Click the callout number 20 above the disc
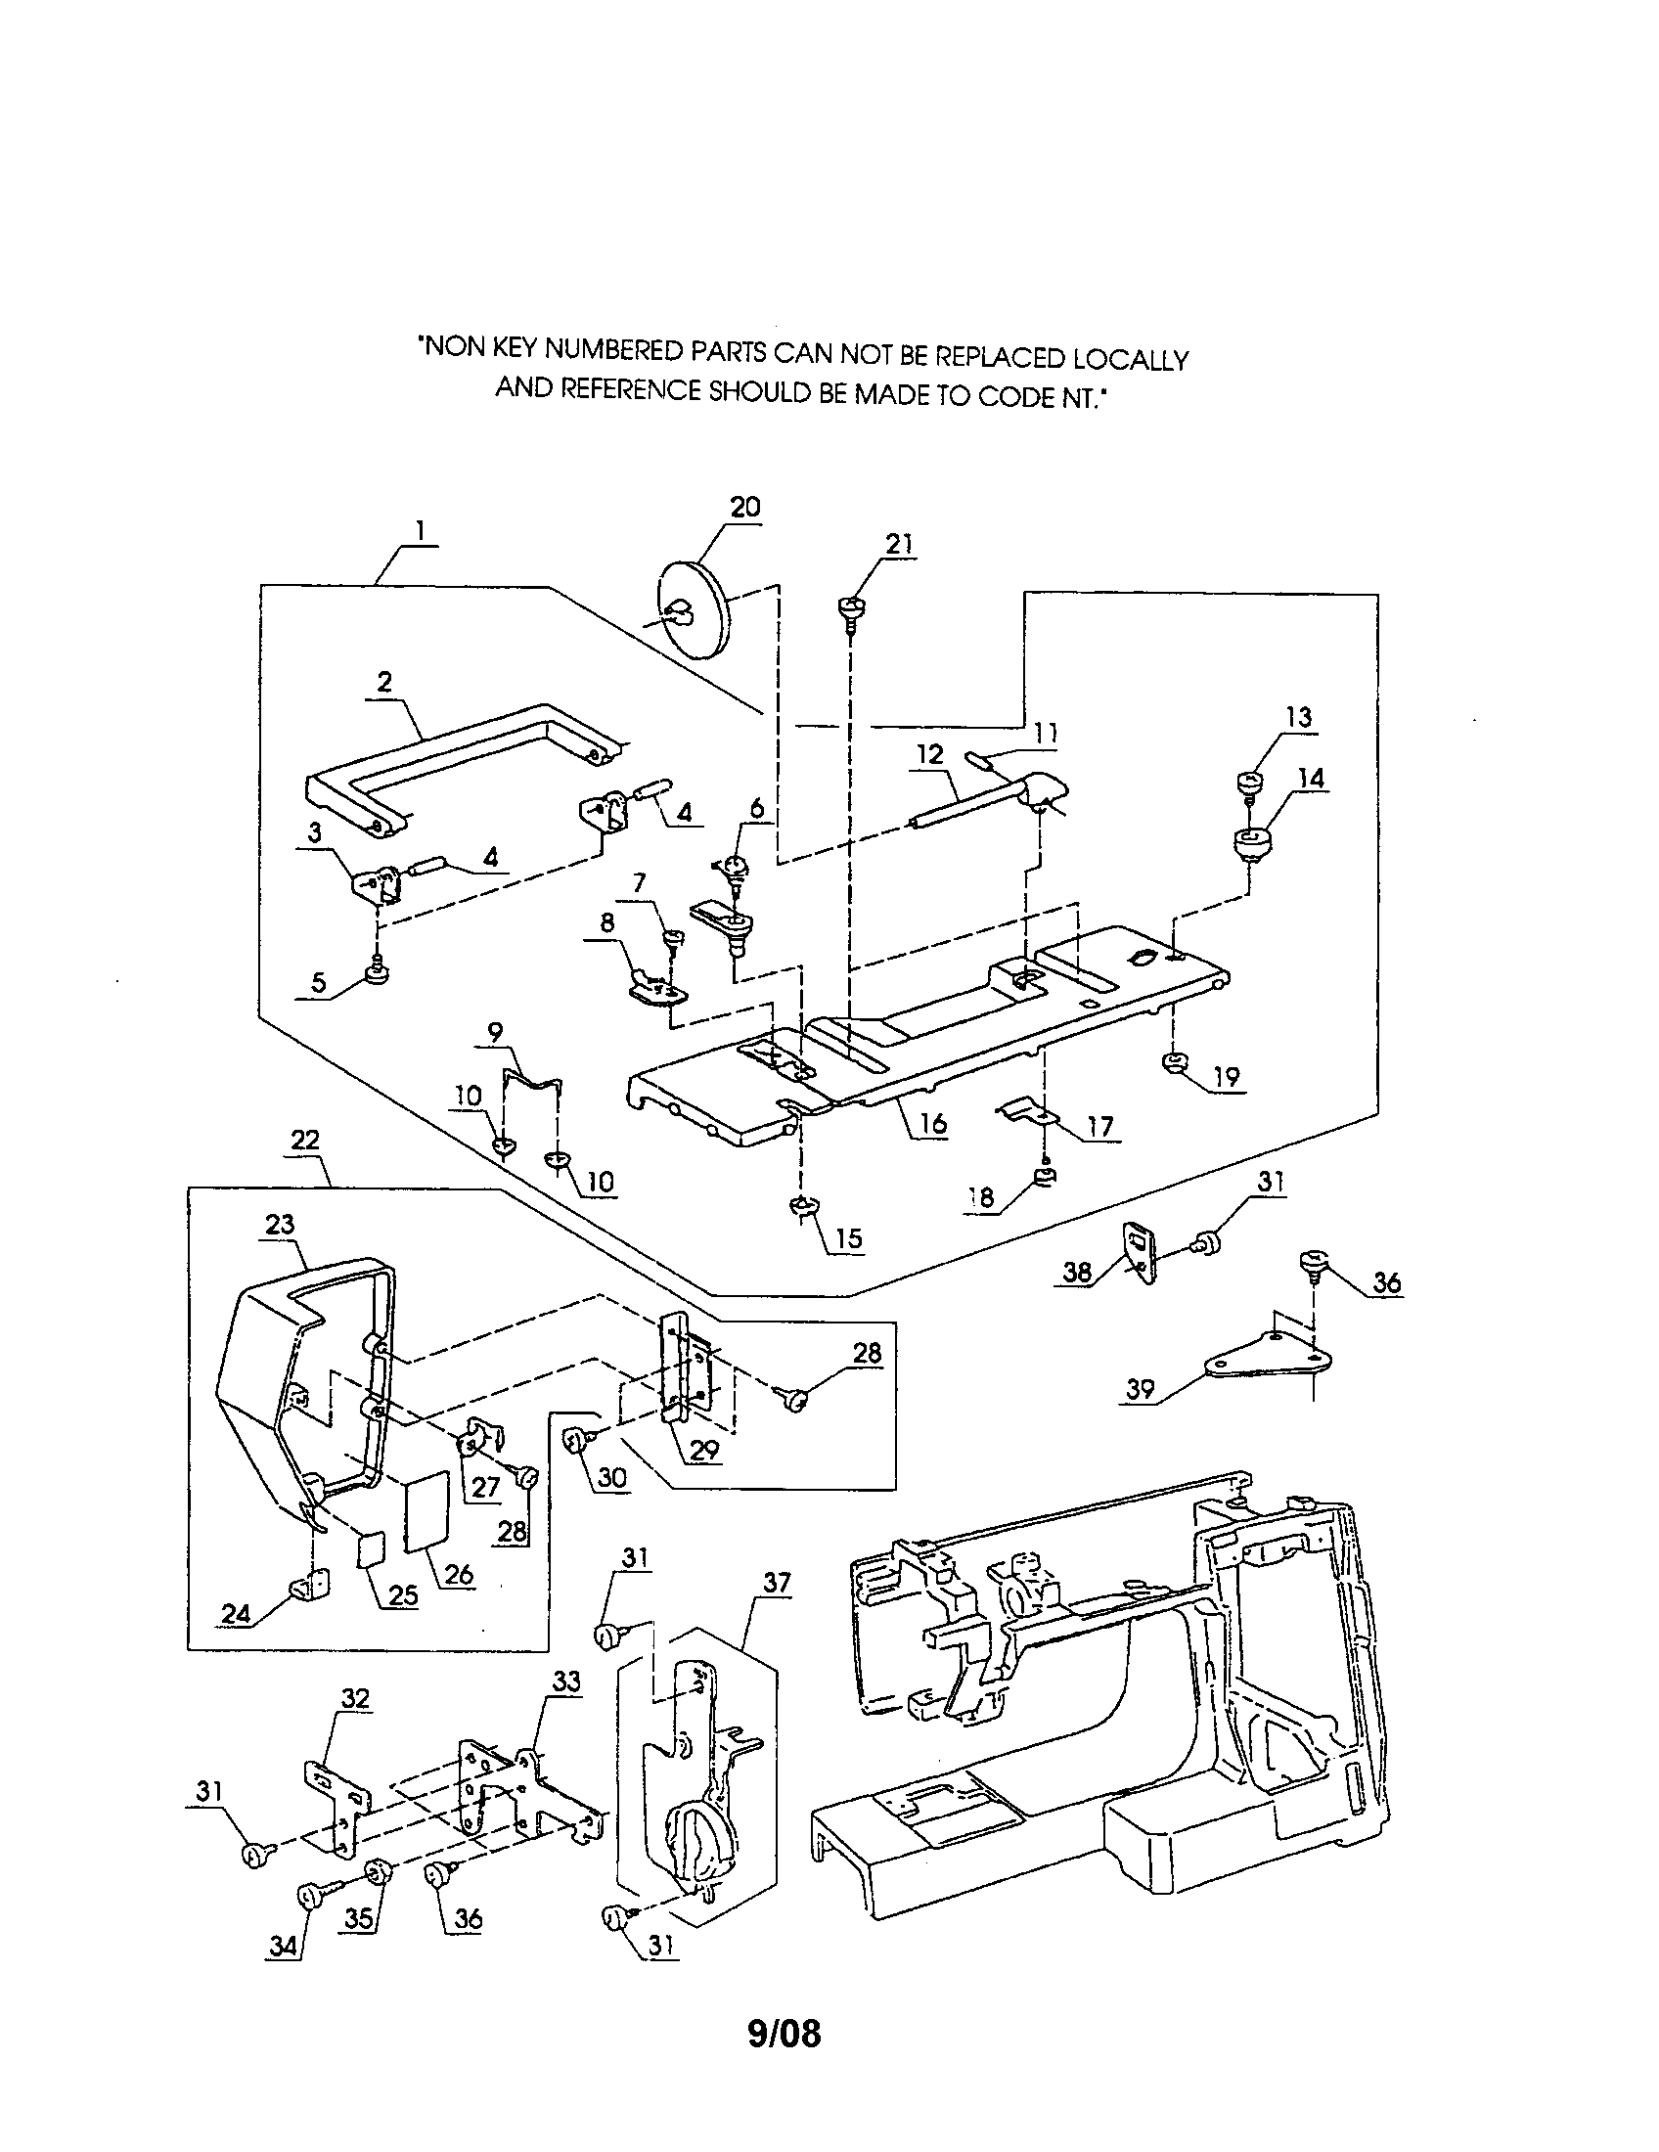744,507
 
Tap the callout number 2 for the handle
384,681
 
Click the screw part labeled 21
851,609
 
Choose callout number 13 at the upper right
1298,716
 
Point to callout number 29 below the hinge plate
705,1449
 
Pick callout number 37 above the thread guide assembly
777,1583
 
